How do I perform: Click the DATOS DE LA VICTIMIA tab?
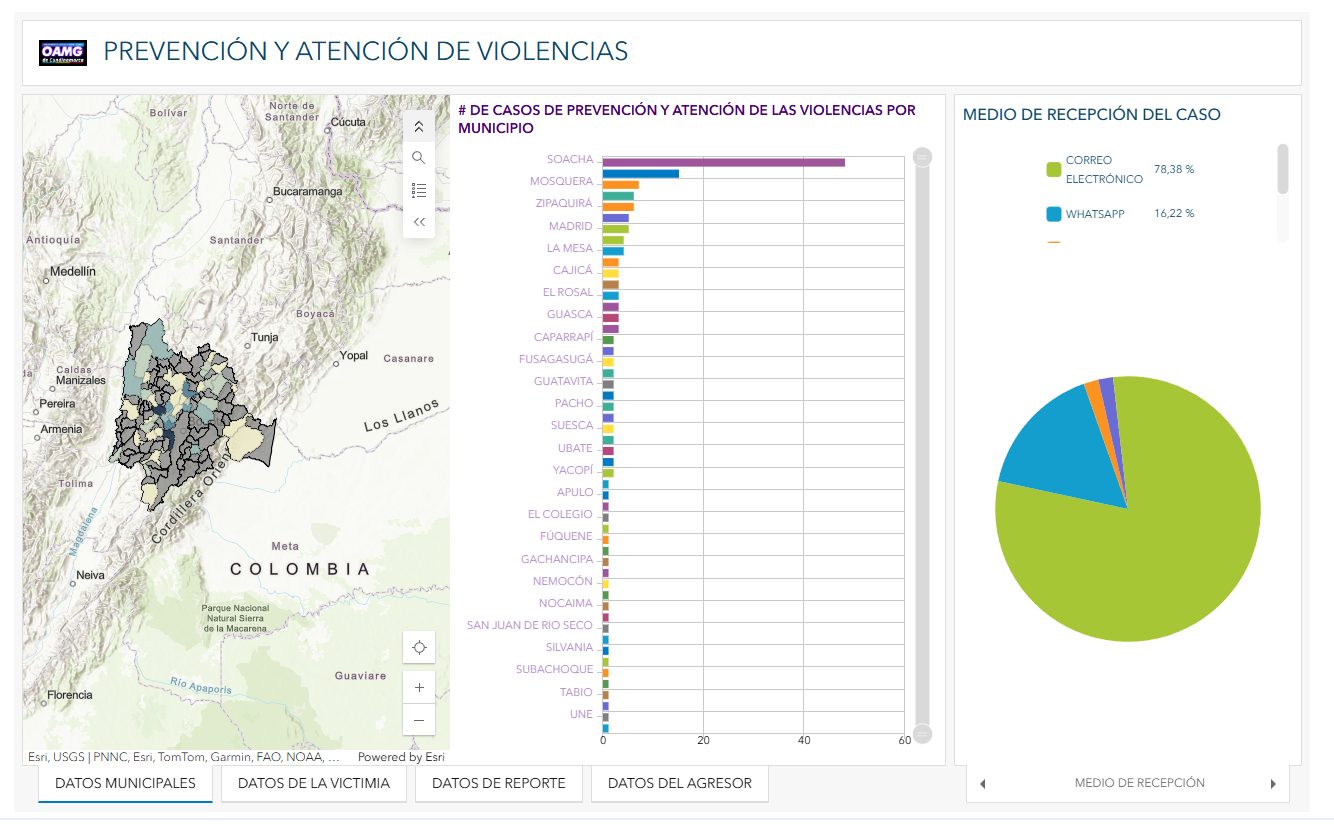(x=313, y=783)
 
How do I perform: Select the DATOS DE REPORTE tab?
(x=498, y=783)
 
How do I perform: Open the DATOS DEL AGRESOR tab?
(x=679, y=783)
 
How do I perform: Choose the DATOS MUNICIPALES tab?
(x=125, y=783)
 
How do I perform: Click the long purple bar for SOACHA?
(x=723, y=162)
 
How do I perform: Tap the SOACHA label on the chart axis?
(x=569, y=160)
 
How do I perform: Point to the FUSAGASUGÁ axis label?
(x=555, y=359)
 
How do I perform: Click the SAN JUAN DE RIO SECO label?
(x=529, y=625)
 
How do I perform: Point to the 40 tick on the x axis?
(x=804, y=741)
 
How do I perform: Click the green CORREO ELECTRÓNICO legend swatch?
(x=1053, y=170)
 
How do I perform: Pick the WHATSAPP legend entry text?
(x=1094, y=214)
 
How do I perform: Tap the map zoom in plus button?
(x=419, y=687)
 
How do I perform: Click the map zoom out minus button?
(x=419, y=720)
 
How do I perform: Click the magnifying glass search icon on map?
(x=419, y=157)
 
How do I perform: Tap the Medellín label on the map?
(x=73, y=271)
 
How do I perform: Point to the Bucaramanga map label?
(x=308, y=191)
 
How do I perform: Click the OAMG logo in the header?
(x=63, y=52)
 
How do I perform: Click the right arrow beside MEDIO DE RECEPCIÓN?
(x=1273, y=784)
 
